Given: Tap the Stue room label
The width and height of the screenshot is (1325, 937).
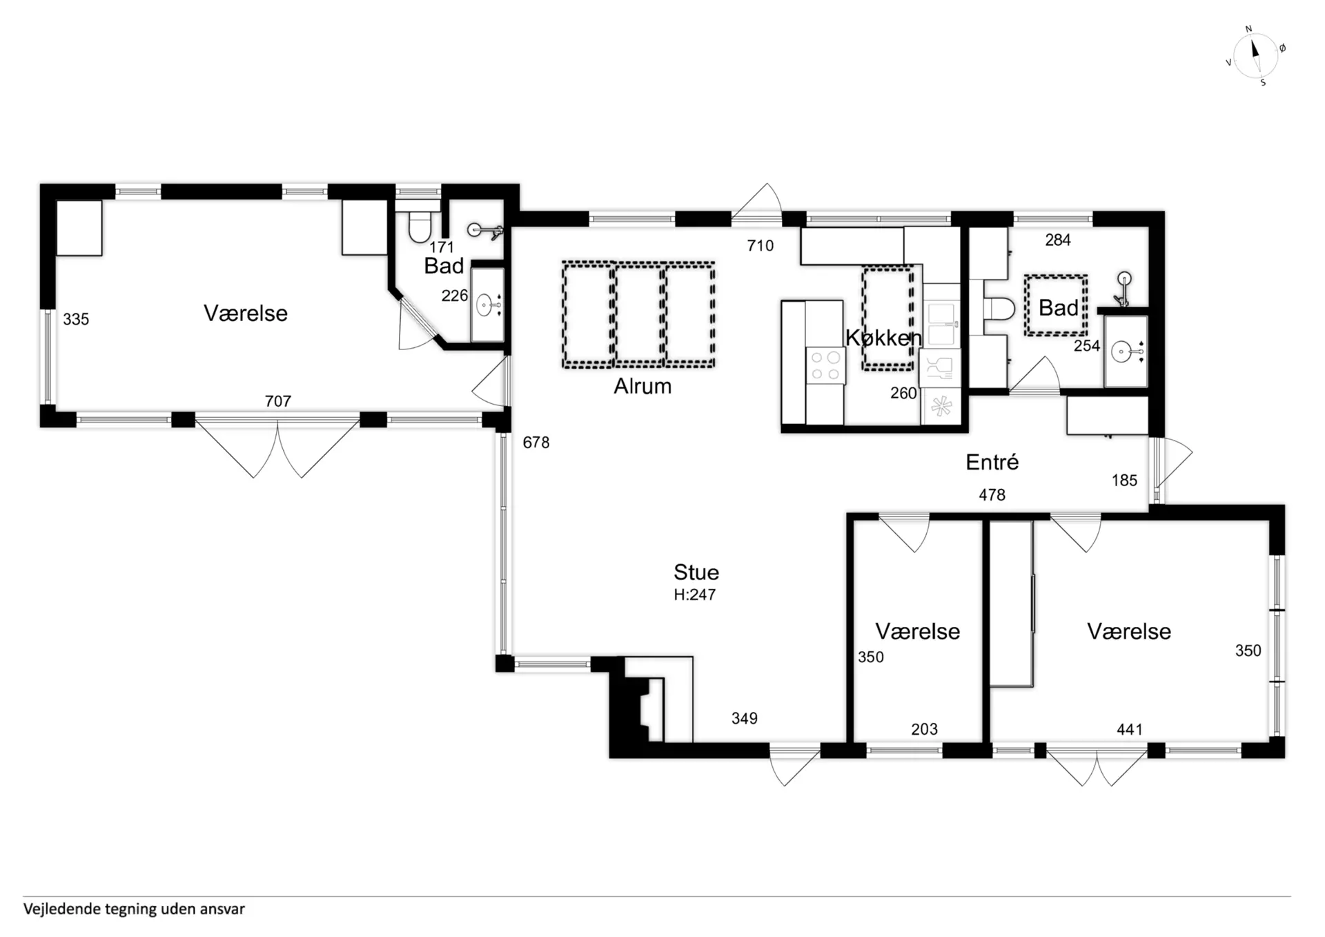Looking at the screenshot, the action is pos(696,572).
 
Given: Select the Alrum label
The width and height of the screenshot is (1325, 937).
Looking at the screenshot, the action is pos(642,386).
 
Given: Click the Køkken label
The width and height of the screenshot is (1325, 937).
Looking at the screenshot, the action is pos(884,338).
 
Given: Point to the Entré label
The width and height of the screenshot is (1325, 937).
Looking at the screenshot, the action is pos(992,462).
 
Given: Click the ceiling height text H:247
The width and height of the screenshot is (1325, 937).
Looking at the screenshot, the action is pos(695,595).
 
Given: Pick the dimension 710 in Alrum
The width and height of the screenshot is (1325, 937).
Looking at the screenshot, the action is pos(760,246).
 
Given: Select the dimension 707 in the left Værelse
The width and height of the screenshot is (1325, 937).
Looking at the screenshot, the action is pos(278,401).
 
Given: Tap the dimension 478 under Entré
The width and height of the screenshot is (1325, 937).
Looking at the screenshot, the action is pos(992,495).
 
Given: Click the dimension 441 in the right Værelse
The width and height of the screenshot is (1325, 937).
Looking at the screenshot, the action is pos(1130,729).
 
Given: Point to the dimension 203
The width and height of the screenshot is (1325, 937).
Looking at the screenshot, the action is pos(924,729).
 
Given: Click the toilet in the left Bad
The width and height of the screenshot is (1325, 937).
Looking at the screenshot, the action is pos(419,223).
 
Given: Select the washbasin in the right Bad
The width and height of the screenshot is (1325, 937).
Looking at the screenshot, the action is pos(1125,352).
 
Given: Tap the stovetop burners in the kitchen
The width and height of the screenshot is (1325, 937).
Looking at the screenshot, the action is pos(825,366).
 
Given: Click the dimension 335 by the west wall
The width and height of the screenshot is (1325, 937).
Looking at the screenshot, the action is pos(76,320).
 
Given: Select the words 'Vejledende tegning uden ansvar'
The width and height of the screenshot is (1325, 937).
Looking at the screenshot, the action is pos(134,909).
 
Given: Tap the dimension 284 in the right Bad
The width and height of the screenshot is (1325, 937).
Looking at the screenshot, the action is pos(1058,240).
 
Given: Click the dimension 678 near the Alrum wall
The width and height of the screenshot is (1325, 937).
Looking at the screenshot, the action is pos(536,443).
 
